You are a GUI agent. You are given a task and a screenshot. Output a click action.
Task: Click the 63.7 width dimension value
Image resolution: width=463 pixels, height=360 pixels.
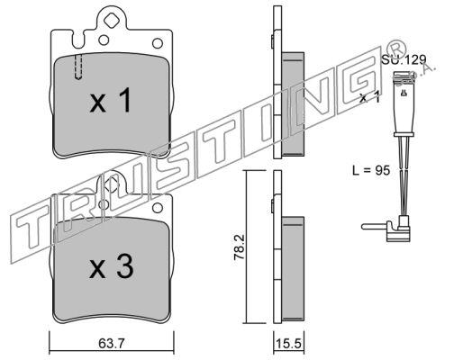(x=111, y=344)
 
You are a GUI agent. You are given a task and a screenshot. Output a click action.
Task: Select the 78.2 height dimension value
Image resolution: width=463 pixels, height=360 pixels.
(x=240, y=247)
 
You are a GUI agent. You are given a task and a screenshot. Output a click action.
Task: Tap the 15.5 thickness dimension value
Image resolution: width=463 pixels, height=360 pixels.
(x=287, y=344)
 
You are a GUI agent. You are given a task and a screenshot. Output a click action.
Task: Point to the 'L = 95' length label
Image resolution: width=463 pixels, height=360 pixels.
(x=371, y=170)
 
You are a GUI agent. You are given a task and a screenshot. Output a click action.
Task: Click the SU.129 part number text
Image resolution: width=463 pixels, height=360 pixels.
(x=404, y=59)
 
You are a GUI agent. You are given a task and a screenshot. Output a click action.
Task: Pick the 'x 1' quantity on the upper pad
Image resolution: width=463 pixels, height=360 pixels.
(x=111, y=101)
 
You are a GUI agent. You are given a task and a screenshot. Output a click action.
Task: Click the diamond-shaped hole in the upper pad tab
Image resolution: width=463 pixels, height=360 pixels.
(x=111, y=21)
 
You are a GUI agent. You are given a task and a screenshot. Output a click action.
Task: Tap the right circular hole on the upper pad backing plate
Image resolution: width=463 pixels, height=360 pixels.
(x=158, y=43)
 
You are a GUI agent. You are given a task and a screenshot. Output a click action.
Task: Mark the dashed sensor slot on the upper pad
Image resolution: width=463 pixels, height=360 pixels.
(x=78, y=67)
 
